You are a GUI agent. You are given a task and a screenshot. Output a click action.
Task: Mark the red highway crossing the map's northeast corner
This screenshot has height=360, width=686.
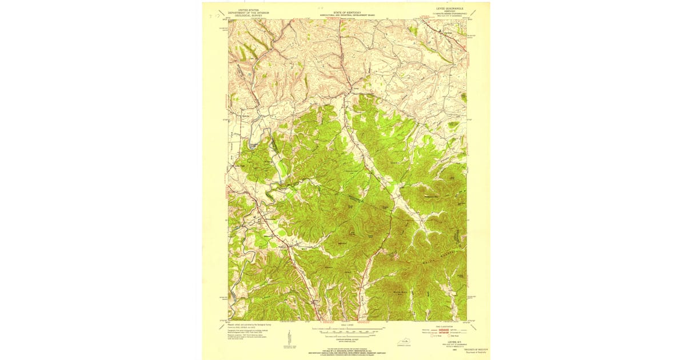(x=452, y=36)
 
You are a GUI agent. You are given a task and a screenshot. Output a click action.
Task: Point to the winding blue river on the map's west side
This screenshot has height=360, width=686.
(x=246, y=246)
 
